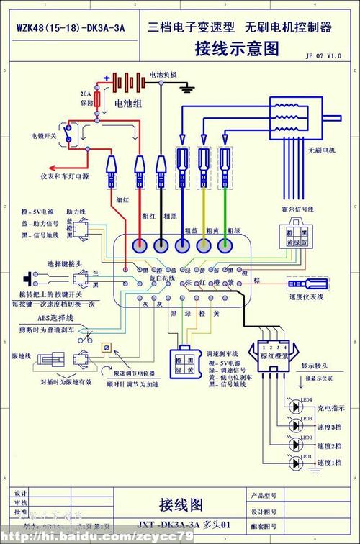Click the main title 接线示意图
236,48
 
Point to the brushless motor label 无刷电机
322,150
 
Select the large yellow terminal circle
204,245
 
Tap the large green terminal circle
226,245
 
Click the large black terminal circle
161,245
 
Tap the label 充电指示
331,407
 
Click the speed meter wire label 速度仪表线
307,296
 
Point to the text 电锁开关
42,135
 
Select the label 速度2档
331,444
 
